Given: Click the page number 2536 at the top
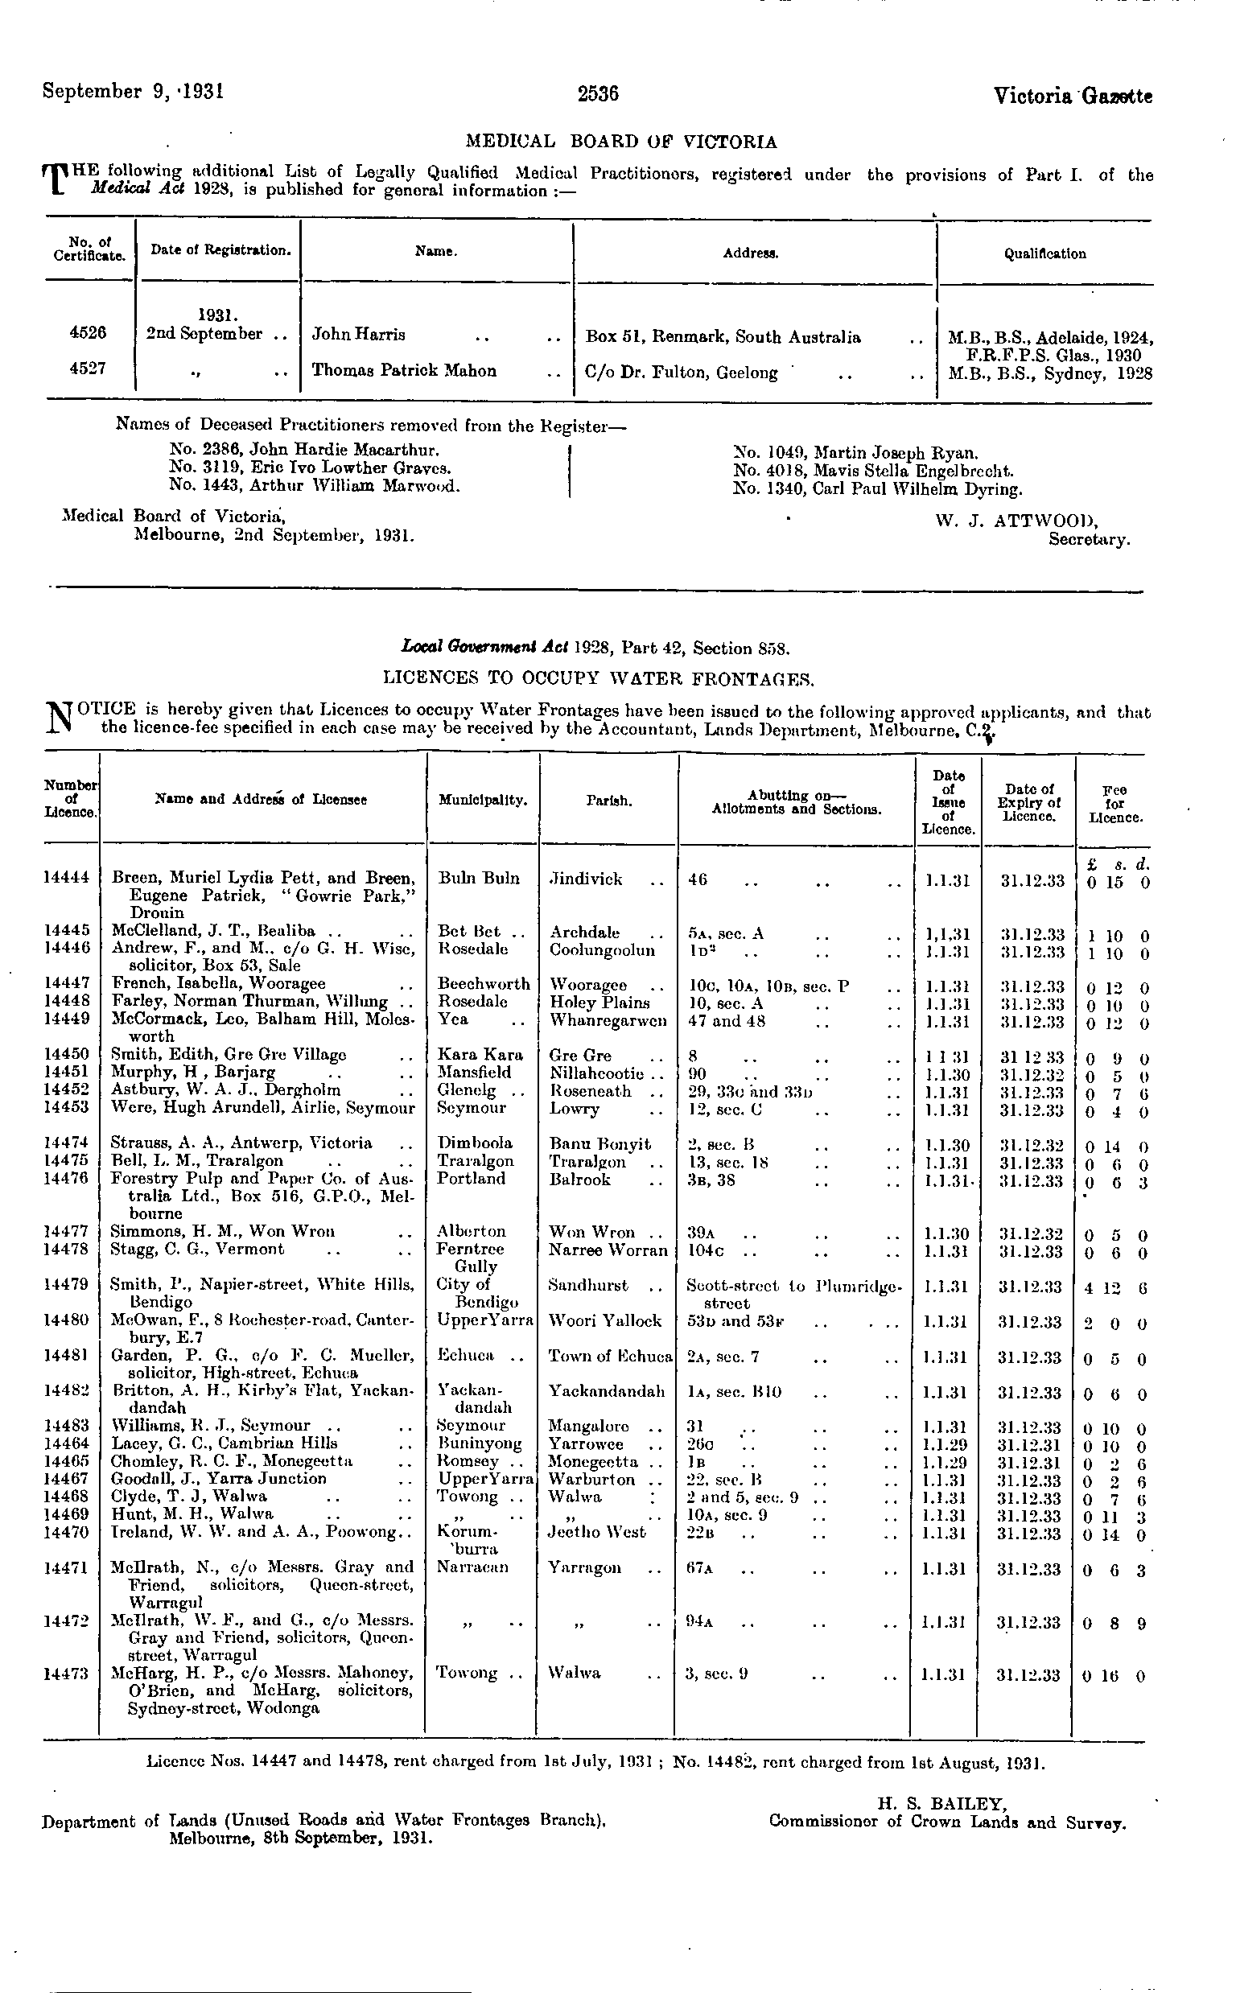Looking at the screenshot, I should click(598, 94).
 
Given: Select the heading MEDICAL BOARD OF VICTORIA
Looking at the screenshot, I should click(621, 142).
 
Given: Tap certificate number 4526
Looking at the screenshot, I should click(89, 333).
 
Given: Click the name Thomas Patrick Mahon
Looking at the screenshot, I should click(404, 371).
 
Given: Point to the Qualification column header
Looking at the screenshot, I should click(1044, 254).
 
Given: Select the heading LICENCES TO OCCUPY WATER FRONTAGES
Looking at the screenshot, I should click(599, 678).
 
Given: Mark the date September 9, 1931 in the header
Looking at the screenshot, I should click(134, 91).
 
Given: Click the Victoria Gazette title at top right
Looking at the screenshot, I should click(1073, 97).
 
